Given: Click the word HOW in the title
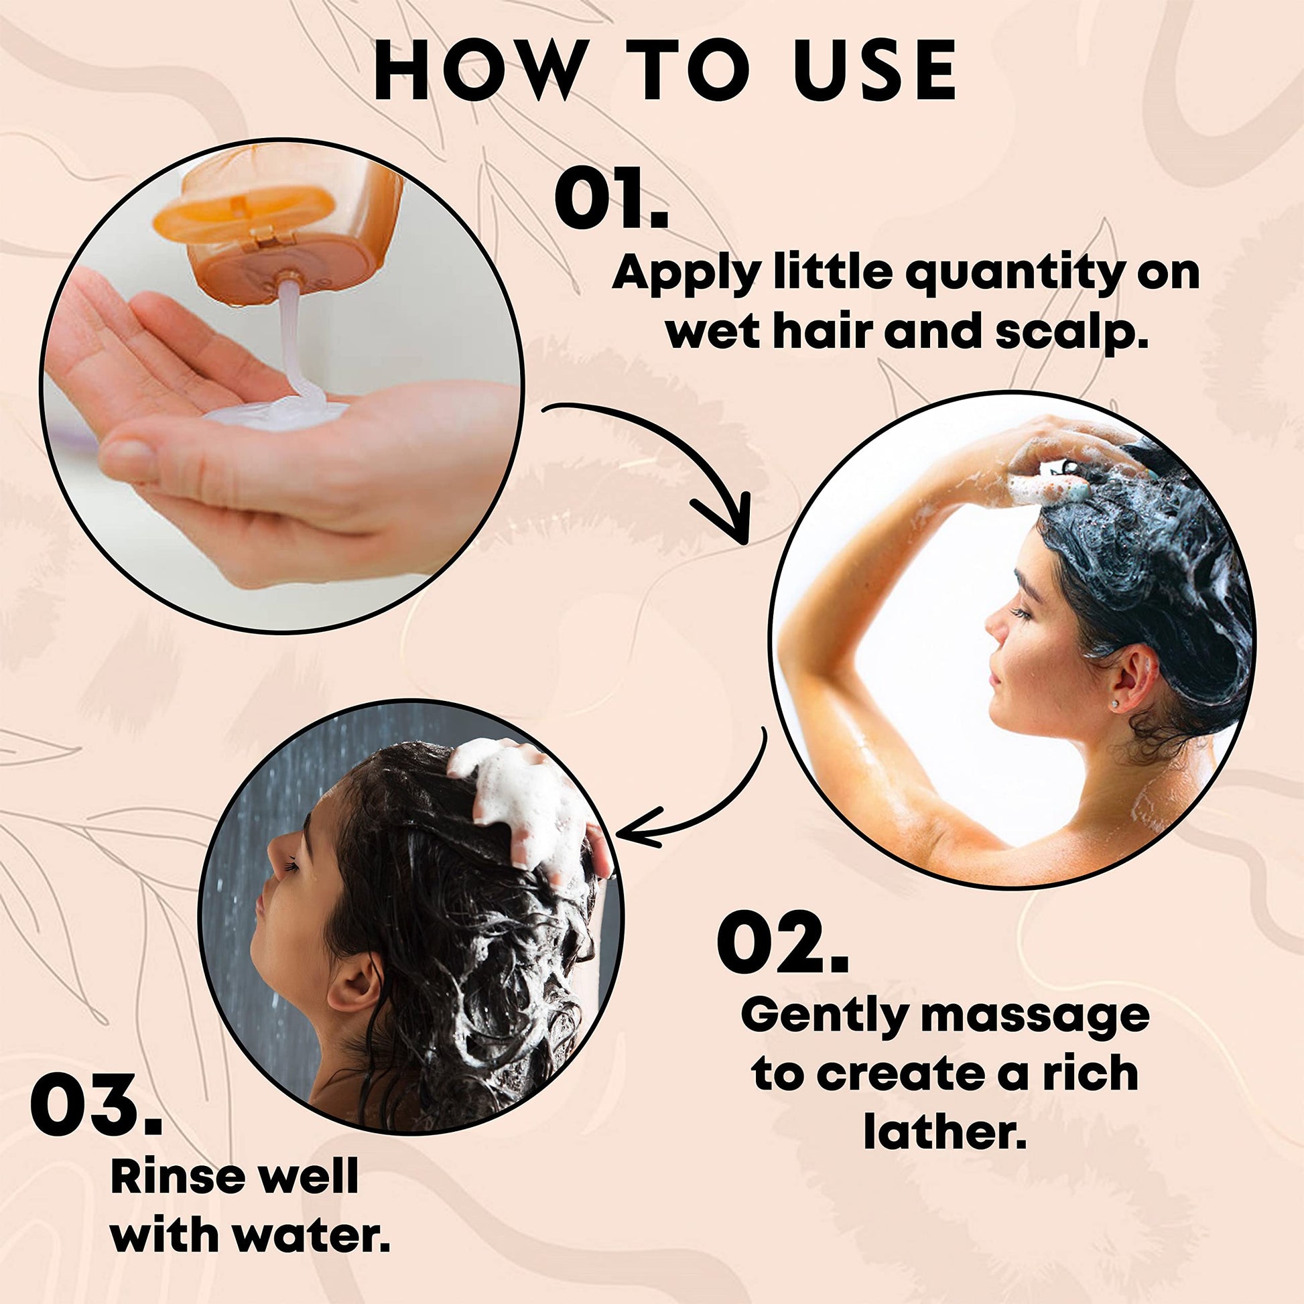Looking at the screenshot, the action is pos(477,70).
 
